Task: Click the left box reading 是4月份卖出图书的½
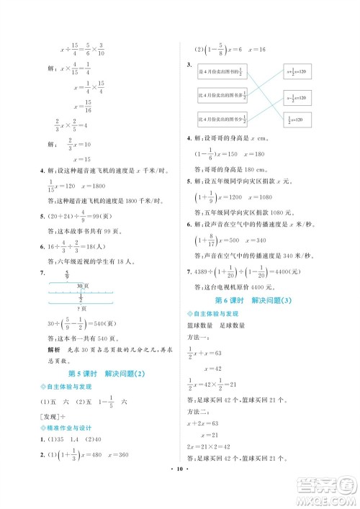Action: (222, 73)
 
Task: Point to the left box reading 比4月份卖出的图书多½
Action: (222, 96)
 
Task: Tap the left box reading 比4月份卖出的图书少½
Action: (222, 119)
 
